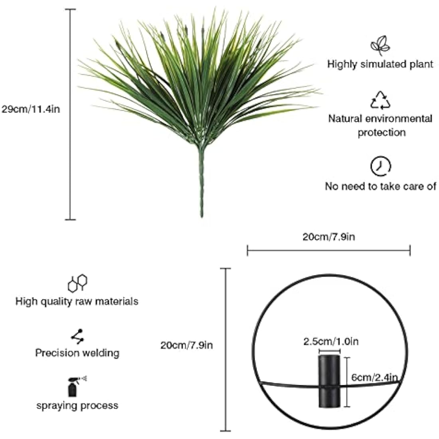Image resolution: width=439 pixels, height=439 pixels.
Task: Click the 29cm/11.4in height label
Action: (x=31, y=109)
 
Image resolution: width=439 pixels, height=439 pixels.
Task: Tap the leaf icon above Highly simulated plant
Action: (x=380, y=45)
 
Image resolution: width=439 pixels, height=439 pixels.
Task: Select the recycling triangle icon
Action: (x=380, y=100)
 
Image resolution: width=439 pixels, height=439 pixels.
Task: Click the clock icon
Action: (x=380, y=166)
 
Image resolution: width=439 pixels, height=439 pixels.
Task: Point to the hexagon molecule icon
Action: (x=77, y=283)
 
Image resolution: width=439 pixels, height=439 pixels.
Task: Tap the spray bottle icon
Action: (x=76, y=387)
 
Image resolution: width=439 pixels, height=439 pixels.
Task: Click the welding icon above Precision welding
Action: (x=77, y=336)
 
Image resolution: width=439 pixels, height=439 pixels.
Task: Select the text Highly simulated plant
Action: (x=380, y=64)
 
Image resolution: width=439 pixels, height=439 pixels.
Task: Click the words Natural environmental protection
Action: (x=380, y=125)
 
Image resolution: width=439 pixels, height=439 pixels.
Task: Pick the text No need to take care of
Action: (x=380, y=186)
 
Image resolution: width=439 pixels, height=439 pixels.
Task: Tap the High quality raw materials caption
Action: (x=77, y=302)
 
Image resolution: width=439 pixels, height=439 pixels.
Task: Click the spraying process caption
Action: (x=77, y=406)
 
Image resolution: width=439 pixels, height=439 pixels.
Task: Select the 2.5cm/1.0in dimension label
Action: (x=331, y=342)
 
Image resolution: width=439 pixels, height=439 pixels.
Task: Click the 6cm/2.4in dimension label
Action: (x=374, y=378)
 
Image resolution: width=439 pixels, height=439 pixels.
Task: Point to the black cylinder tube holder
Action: (x=330, y=381)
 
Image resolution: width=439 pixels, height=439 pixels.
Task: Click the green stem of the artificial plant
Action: (x=202, y=182)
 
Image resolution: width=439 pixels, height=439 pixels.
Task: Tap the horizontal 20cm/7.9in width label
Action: (x=329, y=237)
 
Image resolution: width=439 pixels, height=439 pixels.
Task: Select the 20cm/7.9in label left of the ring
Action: (x=186, y=345)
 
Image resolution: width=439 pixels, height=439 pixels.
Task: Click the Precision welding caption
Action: (x=77, y=353)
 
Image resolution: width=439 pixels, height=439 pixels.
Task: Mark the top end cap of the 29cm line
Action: (x=71, y=9)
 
